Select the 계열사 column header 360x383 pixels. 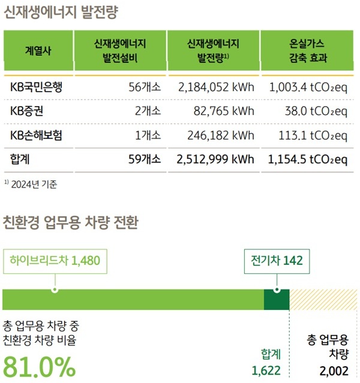(38, 50)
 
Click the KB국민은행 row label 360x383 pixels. (37, 87)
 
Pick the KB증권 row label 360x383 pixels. (28, 111)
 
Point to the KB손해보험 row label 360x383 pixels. (37, 135)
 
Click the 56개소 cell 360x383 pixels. (145, 87)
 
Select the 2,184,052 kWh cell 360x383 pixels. (216, 87)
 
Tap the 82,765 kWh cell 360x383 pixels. (224, 111)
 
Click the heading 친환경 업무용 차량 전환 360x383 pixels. (70, 224)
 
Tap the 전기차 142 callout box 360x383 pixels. (277, 260)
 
